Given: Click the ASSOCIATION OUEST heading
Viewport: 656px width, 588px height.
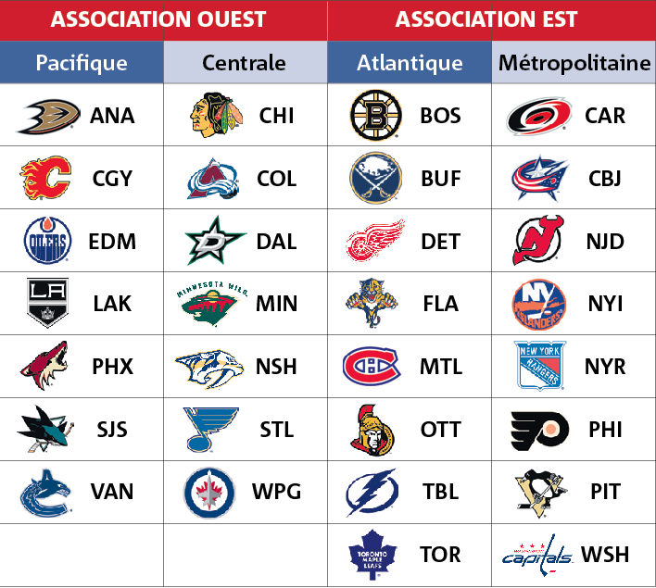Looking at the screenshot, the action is coord(158,19).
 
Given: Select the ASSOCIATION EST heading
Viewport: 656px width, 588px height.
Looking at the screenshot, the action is coord(486,19).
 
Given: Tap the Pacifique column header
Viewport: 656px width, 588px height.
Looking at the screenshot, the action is coord(82,63).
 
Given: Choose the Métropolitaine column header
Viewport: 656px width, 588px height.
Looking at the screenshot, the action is coord(574,63).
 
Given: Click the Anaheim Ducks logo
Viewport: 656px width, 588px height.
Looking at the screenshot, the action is coord(48,117).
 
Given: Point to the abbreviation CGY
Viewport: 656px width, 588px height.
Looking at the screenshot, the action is coord(112,179).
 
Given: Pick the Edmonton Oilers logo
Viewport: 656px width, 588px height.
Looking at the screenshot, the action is coord(47,240).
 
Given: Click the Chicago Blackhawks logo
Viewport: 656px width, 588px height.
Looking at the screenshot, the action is coord(216,115).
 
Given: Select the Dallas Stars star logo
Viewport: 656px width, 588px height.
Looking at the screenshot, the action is coord(215,241).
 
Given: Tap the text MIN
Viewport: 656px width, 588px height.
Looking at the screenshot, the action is coord(276,304).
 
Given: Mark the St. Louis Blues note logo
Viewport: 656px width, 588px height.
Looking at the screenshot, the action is coord(210,430).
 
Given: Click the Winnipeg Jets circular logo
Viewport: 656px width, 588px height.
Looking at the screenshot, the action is coord(209,493).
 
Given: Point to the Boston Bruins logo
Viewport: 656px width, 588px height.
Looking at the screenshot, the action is coord(375,115).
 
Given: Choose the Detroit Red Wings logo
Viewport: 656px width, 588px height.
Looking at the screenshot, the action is coord(375,240).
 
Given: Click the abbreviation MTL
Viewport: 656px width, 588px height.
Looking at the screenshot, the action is coord(441,367).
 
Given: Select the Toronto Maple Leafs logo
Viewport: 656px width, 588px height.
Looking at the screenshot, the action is coord(372,555).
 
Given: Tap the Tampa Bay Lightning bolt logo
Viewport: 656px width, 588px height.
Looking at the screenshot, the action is coord(372,493).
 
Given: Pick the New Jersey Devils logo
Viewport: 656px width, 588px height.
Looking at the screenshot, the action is coord(538,240).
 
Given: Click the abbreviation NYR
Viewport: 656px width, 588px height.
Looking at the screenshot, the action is coord(605,367).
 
